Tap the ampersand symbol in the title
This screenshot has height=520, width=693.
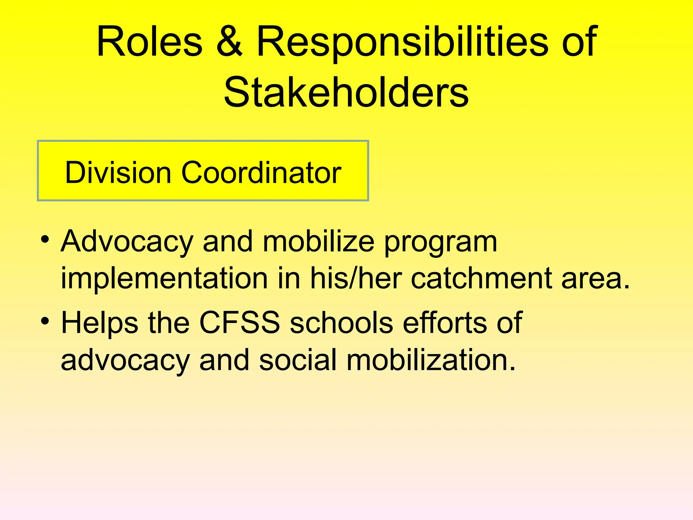229,42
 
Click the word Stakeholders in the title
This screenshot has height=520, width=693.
346,92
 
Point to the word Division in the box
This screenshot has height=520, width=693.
118,173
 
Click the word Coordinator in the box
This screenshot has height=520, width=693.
261,173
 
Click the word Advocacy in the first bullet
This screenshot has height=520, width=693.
127,242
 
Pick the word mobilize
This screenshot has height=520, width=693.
318,242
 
